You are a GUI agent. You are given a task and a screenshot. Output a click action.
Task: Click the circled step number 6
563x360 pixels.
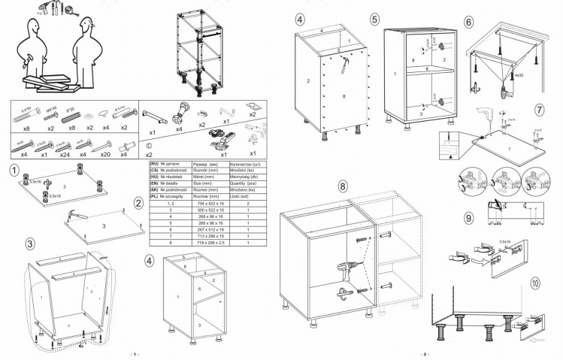click(469, 22)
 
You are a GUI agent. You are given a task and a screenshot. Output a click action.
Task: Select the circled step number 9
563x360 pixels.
click(469, 219)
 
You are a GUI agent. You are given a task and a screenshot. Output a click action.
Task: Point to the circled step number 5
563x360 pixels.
click(374, 20)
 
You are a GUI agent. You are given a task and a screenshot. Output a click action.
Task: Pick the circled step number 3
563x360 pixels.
click(29, 244)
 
